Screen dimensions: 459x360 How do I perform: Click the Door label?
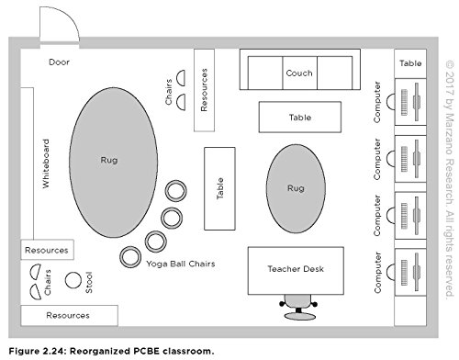pyautogui.click(x=59, y=62)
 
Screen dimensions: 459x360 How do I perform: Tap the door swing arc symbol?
pyautogui.click(x=72, y=19)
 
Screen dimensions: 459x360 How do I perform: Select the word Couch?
pyautogui.click(x=299, y=73)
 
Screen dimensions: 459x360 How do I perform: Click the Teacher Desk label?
pyautogui.click(x=296, y=269)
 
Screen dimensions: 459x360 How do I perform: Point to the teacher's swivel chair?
pyautogui.click(x=298, y=307)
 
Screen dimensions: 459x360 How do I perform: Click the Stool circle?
pyautogui.click(x=73, y=280)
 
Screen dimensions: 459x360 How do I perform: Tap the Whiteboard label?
pyautogui.click(x=46, y=163)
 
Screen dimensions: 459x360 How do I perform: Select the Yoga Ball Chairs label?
pyautogui.click(x=181, y=264)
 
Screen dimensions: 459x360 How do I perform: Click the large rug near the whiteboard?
pyautogui.click(x=113, y=163)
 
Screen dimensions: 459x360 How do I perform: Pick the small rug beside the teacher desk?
pyautogui.click(x=296, y=188)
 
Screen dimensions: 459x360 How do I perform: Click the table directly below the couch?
pyautogui.click(x=300, y=117)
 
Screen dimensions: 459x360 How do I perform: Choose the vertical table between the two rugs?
pyautogui.click(x=219, y=188)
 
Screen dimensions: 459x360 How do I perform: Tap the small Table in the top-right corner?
pyautogui.click(x=410, y=63)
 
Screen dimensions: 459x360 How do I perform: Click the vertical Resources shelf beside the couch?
pyautogui.click(x=204, y=90)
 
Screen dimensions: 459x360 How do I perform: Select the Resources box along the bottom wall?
pyautogui.click(x=69, y=315)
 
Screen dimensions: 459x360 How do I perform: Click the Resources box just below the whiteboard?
pyautogui.click(x=47, y=250)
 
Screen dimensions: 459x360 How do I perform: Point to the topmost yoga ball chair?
pyautogui.click(x=176, y=191)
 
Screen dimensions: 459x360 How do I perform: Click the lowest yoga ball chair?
pyautogui.click(x=130, y=257)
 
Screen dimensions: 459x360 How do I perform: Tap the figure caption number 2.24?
pyautogui.click(x=53, y=351)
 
